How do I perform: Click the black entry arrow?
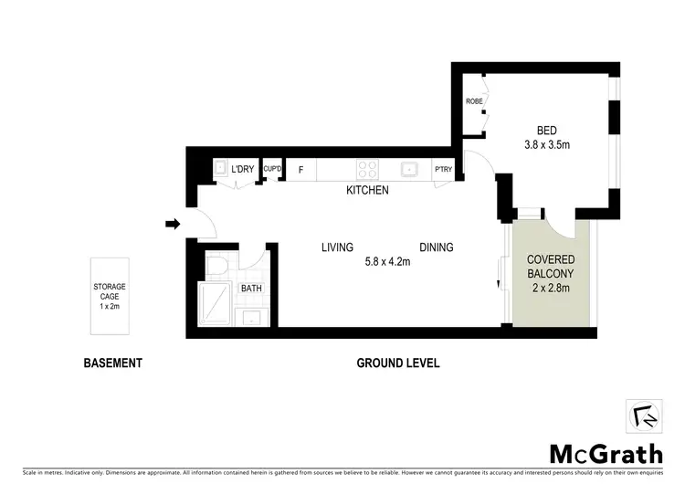[x=170, y=223]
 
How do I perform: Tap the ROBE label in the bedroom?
[x=474, y=101]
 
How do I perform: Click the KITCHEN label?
[x=367, y=191]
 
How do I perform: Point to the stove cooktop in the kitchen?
[x=367, y=169]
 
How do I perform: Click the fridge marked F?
[x=300, y=170]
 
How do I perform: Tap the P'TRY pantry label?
[x=444, y=170]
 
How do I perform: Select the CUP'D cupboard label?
[x=271, y=169]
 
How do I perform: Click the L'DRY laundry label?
[x=242, y=169]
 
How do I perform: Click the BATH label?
[x=251, y=289]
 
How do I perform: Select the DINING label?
[x=437, y=247]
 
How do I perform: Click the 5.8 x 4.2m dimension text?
[x=386, y=262]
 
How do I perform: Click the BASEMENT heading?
[x=113, y=363]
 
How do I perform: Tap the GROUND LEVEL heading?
[x=397, y=363]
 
